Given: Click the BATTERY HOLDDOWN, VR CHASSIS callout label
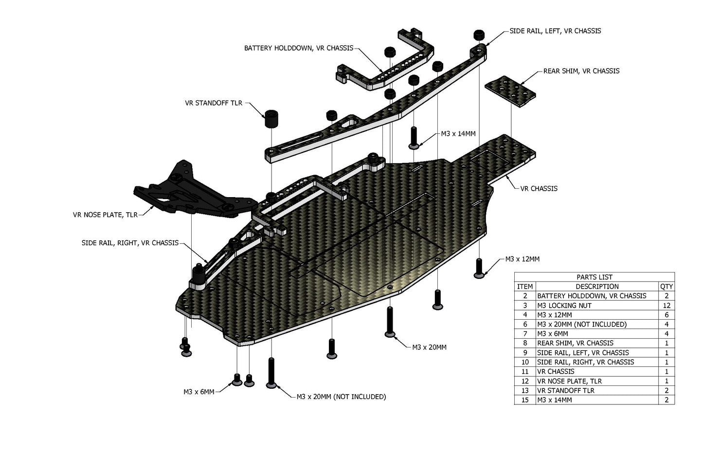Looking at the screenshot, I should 298,48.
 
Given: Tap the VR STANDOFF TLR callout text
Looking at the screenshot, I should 213,103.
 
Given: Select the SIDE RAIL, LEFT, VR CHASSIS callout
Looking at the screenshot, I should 555,31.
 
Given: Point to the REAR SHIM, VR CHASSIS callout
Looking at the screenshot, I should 581,71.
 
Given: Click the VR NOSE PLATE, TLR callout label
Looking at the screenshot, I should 105,215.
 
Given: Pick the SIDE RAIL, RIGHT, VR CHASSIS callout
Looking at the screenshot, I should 130,243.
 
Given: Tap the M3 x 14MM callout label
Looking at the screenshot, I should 458,133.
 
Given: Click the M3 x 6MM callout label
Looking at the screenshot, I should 198,392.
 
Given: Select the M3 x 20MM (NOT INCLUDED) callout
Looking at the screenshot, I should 341,397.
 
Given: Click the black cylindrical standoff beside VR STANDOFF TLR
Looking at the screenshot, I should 271,119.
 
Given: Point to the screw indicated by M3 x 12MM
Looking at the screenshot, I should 479,268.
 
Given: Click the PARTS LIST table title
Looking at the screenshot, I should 594,277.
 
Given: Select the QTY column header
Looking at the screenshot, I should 666,286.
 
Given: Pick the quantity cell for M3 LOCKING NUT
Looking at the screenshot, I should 666,305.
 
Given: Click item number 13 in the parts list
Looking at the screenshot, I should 525,390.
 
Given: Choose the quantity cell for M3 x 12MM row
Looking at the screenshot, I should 666,315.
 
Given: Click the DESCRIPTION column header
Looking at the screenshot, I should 597,286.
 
